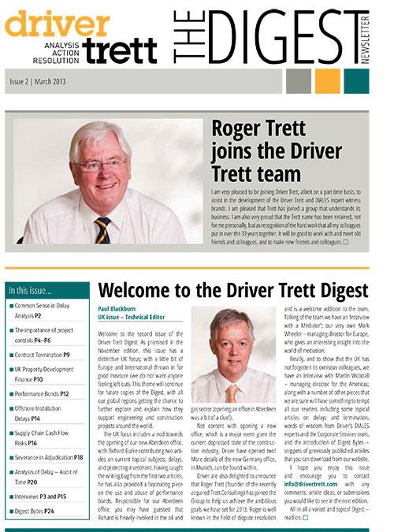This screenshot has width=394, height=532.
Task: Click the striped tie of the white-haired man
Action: [102, 230]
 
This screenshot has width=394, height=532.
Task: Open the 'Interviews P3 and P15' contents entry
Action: [44, 496]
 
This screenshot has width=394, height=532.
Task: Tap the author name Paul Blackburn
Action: [118, 309]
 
